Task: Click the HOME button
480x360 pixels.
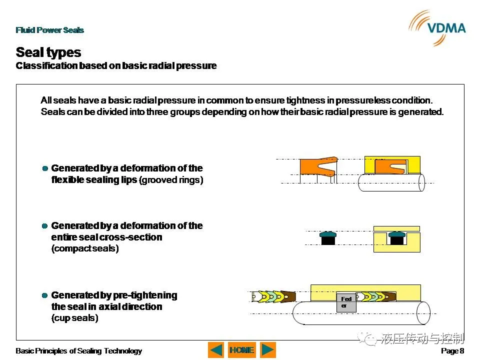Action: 242,350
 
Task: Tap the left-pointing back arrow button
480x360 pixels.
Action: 216,350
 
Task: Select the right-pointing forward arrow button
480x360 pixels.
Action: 268,350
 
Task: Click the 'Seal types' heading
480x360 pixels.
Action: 48,52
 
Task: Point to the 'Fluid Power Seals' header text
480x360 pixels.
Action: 49,30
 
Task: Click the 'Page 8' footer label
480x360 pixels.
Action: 452,351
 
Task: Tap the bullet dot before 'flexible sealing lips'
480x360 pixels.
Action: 45,168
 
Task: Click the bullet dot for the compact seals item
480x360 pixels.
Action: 44,226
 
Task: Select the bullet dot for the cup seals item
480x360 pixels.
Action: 44,295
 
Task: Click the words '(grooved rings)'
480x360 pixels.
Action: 171,179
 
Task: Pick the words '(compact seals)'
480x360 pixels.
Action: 85,248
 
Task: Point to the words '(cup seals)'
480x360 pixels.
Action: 74,318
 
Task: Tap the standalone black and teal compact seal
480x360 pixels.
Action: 328,238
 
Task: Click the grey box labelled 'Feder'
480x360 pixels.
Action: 346,303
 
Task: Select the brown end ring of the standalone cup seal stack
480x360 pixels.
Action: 288,296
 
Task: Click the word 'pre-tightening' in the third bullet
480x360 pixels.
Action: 145,295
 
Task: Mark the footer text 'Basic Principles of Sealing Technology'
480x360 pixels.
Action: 78,351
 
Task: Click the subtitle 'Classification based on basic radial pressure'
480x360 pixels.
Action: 116,66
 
